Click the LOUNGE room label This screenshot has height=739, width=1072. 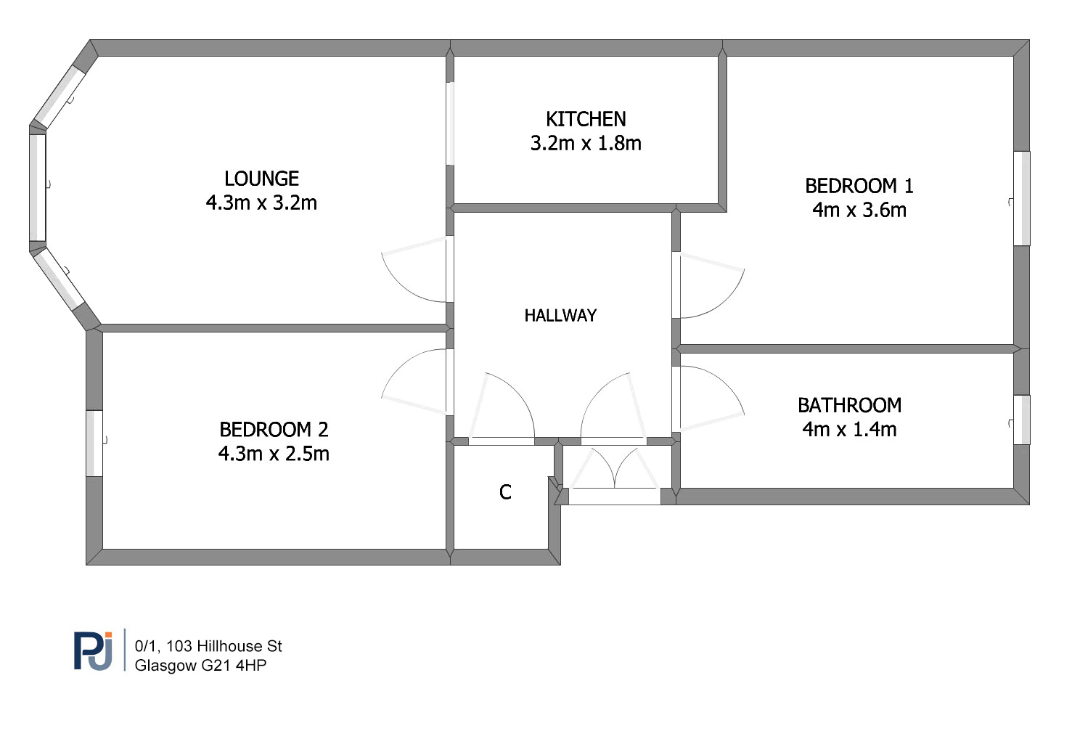(x=262, y=179)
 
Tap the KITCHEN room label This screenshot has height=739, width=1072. (x=586, y=119)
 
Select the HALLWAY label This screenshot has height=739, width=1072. (x=560, y=315)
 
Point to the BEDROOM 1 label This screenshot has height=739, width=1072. (x=859, y=186)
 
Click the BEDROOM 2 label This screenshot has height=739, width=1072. (x=274, y=429)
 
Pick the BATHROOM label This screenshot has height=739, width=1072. (x=849, y=405)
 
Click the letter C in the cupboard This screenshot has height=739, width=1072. (x=505, y=491)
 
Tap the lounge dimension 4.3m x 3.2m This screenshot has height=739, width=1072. (x=261, y=203)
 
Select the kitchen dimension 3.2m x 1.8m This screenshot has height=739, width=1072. (x=586, y=143)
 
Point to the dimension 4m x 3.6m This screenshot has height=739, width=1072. (x=859, y=210)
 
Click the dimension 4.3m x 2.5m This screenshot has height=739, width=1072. (x=274, y=454)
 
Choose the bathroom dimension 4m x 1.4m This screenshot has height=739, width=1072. (x=849, y=429)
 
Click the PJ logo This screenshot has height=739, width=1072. (x=94, y=650)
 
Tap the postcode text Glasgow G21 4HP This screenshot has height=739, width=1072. (x=200, y=665)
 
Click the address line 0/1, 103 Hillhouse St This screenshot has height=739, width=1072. (x=208, y=646)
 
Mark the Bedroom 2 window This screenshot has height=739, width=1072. (x=94, y=444)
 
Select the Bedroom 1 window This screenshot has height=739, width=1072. (x=1022, y=199)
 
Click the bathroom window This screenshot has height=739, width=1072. (x=1022, y=420)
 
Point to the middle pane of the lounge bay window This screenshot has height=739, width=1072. (x=38, y=187)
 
